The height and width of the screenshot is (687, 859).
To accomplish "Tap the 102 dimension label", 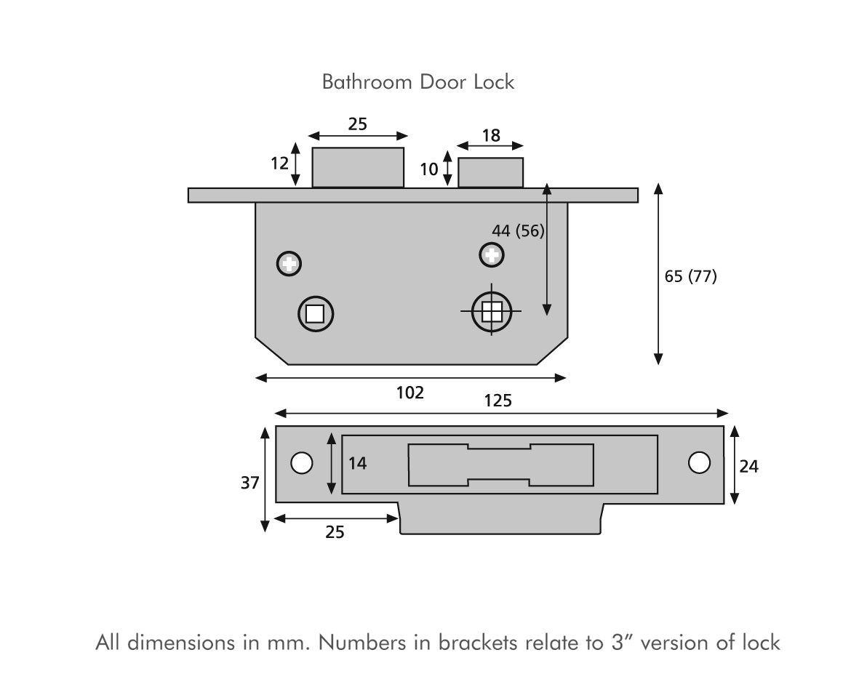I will click(410, 393).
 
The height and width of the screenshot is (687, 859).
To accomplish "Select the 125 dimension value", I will click(498, 401).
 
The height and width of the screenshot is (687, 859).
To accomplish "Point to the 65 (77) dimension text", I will click(691, 276).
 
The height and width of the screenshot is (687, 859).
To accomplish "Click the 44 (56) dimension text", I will click(518, 231).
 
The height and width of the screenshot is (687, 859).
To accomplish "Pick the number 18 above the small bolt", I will click(491, 135).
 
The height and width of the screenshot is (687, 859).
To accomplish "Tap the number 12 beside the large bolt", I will click(280, 164).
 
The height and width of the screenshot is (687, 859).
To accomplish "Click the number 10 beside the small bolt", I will click(429, 169).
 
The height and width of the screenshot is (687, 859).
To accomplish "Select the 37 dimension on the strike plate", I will click(250, 483).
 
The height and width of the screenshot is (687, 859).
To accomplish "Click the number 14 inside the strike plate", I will click(357, 464).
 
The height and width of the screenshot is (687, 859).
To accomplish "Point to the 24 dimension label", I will click(748, 467).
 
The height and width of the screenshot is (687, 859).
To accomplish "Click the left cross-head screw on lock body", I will click(289, 263).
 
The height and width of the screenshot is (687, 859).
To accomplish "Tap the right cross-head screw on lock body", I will click(492, 254).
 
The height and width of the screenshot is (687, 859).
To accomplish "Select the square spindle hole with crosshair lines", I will click(492, 312).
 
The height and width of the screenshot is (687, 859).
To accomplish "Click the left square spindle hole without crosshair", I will click(315, 313).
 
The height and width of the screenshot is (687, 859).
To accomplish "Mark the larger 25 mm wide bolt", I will click(358, 167).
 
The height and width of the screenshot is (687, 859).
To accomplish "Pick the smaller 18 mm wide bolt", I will click(490, 173).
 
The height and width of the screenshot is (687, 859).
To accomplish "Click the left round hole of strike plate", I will click(301, 463).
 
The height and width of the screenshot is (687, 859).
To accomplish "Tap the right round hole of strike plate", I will click(699, 462).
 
